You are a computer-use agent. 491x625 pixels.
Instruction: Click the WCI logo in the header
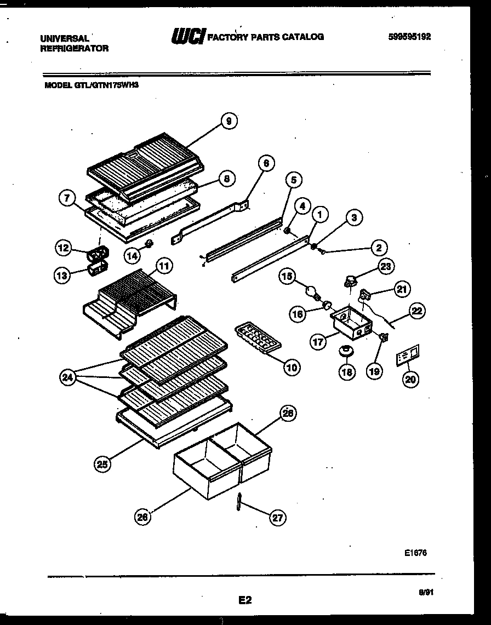point(188,36)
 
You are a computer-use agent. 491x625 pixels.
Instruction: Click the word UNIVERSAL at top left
point(65,38)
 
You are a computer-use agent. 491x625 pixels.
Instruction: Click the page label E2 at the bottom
point(245,600)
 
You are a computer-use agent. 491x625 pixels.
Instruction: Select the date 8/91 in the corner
point(425,592)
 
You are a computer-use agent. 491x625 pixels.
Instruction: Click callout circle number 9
point(229,121)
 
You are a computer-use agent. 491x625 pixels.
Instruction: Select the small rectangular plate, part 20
point(407,355)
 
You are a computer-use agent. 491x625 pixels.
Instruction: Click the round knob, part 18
point(346,349)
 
